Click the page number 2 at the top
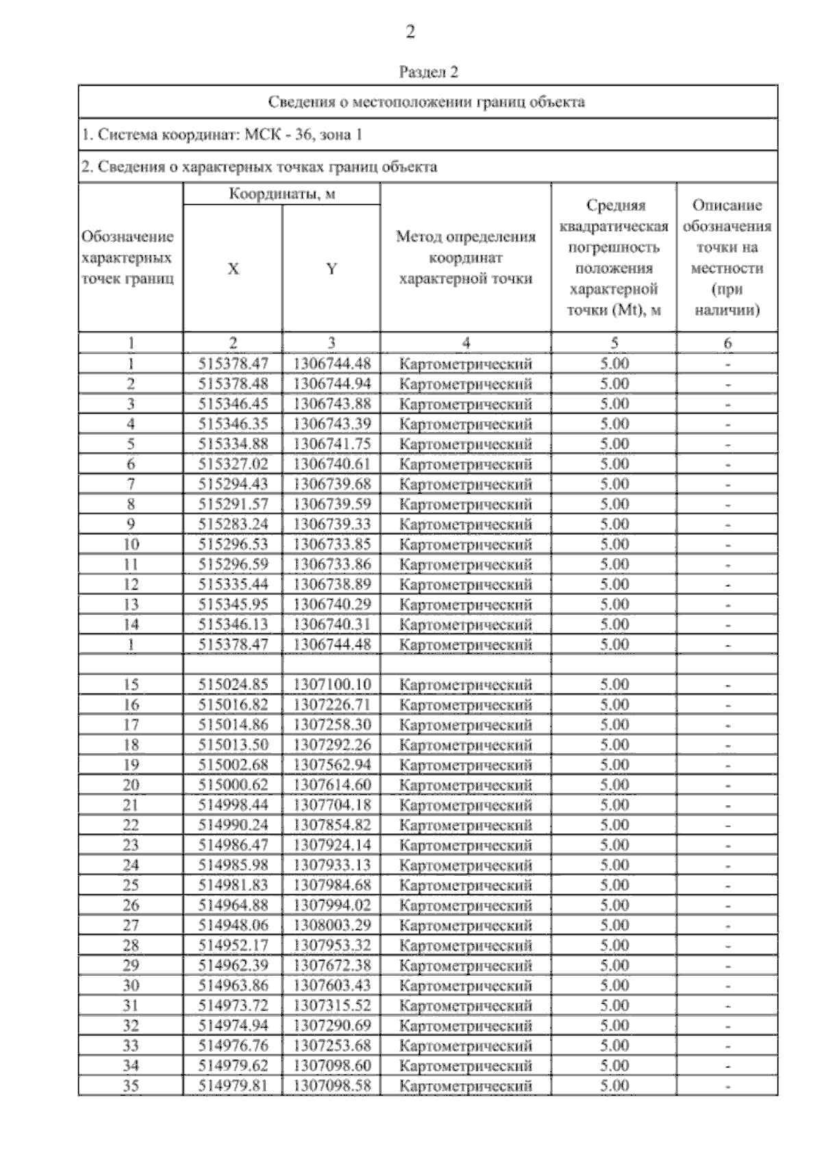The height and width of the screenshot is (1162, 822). tap(410, 32)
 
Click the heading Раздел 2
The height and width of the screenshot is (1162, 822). tap(428, 72)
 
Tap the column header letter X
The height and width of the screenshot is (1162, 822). tap(233, 269)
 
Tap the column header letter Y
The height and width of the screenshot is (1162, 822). tap(332, 269)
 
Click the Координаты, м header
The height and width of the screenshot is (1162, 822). tap(282, 194)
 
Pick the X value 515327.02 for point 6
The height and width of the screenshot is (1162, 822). tap(233, 464)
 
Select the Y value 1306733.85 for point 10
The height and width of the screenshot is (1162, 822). tap(332, 544)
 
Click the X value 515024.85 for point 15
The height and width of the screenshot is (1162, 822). tap(233, 685)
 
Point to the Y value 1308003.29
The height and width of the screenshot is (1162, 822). tap(332, 925)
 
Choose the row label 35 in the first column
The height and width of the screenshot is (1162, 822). tap(131, 1085)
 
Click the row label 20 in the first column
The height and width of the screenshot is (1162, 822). tap(131, 785)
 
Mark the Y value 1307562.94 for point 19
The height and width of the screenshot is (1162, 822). tap(332, 765)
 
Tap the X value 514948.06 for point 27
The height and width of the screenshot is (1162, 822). tap(233, 925)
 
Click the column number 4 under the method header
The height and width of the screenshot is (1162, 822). tap(466, 343)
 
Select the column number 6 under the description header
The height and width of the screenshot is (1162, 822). tap(727, 343)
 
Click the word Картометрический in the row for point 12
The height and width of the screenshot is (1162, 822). tap(466, 585)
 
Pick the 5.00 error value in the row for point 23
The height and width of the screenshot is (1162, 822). tap(614, 845)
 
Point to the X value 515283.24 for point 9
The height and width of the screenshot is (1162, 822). tap(233, 525)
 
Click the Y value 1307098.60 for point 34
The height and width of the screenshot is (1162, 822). tap(332, 1065)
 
